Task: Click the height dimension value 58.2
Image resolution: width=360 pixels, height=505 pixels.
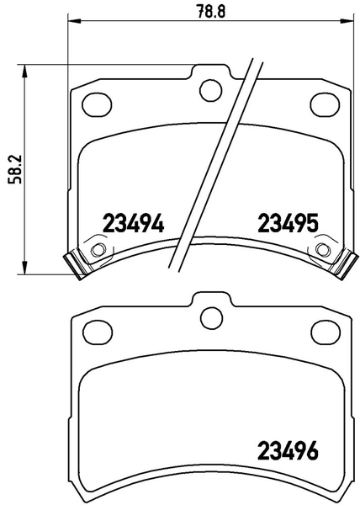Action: pos(11,169)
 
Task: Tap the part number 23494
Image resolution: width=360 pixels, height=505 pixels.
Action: pos(131,224)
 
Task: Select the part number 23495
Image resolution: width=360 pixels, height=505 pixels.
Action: pos(286,224)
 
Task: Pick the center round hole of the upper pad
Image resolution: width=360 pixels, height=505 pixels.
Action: pos(209,88)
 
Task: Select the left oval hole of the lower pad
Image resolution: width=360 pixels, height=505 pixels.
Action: pos(99,333)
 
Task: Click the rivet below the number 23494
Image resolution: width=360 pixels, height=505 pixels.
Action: pos(98,250)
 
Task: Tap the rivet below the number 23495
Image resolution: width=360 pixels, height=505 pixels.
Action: pos(323,250)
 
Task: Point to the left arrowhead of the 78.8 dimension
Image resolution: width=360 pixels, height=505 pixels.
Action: pos(71,21)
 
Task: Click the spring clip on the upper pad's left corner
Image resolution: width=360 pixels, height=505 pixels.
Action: pos(77,263)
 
